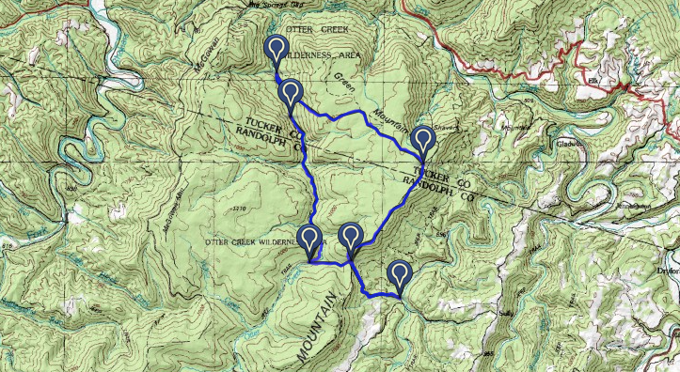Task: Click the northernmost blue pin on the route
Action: point(277,49)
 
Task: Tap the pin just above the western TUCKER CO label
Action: point(291,92)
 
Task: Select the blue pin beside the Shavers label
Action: point(424,139)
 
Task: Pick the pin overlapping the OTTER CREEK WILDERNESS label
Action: point(309,240)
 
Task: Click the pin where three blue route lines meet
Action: point(351,238)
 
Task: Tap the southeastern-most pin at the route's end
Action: point(401,274)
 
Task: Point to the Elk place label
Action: point(593,80)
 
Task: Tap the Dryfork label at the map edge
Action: point(667,268)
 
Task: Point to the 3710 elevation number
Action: point(238,207)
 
